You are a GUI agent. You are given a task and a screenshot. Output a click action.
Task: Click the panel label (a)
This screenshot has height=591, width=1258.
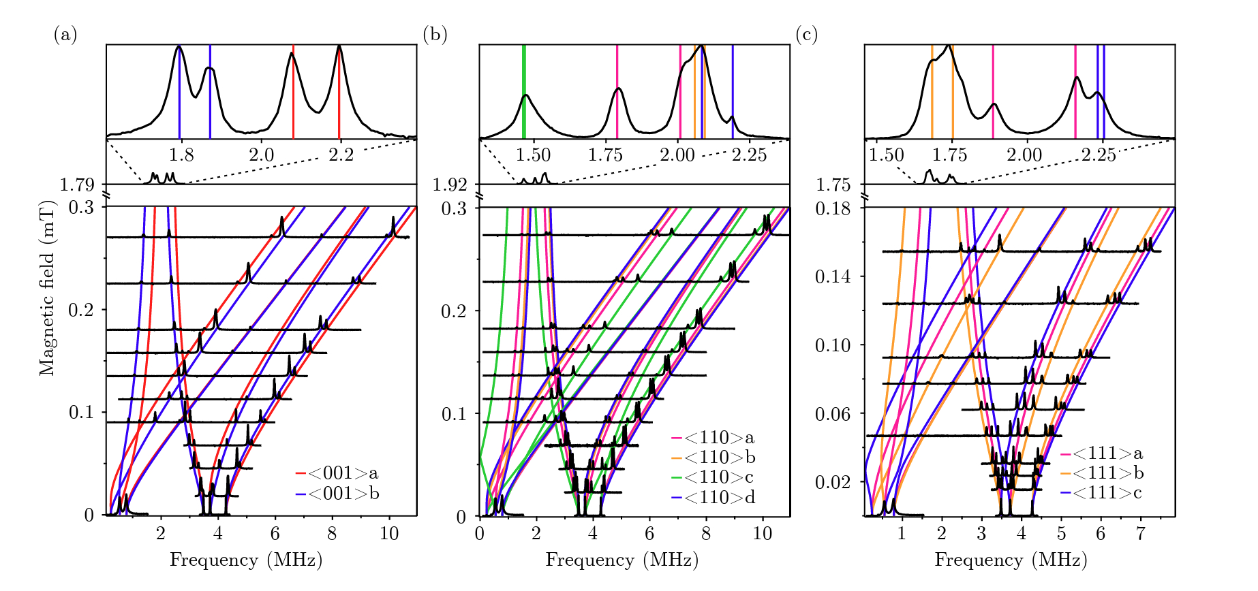click(65, 34)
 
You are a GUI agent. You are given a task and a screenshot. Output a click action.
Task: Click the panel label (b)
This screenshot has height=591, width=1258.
click(435, 34)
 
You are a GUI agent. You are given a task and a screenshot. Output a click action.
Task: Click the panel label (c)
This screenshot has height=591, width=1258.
click(806, 34)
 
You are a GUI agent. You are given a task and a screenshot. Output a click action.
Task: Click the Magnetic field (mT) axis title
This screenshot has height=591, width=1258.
click(46, 288)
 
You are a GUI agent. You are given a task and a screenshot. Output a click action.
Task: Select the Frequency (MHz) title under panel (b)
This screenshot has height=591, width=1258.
click(622, 560)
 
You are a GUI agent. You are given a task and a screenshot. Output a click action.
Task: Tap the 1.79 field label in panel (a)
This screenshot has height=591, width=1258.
click(77, 185)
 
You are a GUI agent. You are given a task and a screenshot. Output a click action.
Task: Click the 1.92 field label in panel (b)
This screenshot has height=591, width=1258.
click(450, 185)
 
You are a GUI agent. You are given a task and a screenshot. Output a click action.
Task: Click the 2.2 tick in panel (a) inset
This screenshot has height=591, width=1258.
click(341, 155)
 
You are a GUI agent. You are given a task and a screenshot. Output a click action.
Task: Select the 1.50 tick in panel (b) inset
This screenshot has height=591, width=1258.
click(533, 155)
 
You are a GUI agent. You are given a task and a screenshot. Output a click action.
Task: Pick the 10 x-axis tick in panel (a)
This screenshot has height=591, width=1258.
click(389, 533)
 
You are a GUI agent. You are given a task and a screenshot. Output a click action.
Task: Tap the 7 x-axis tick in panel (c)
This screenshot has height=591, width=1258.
click(1140, 533)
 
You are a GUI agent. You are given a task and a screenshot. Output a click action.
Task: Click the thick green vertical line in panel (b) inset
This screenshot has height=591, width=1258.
click(523, 91)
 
